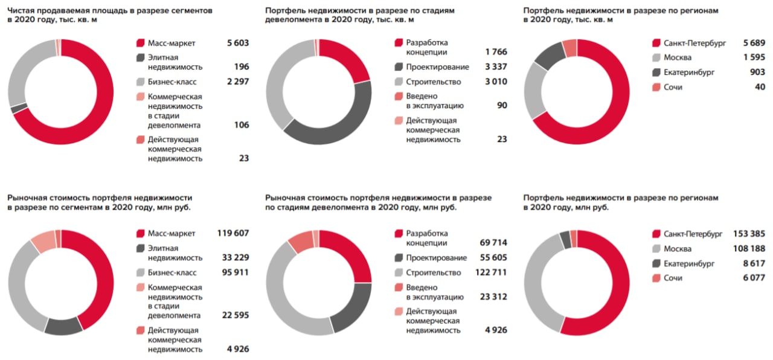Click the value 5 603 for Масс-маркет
pos(237,43)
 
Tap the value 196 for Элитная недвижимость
pos(242,67)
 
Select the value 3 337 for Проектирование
pos(496,67)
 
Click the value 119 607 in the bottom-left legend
pos(233,234)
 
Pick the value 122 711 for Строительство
pos(491,272)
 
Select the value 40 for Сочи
pos(760,88)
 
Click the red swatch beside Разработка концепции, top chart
pos(399,43)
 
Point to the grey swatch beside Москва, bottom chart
pos(656,249)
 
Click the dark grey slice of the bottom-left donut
pos(63,326)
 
